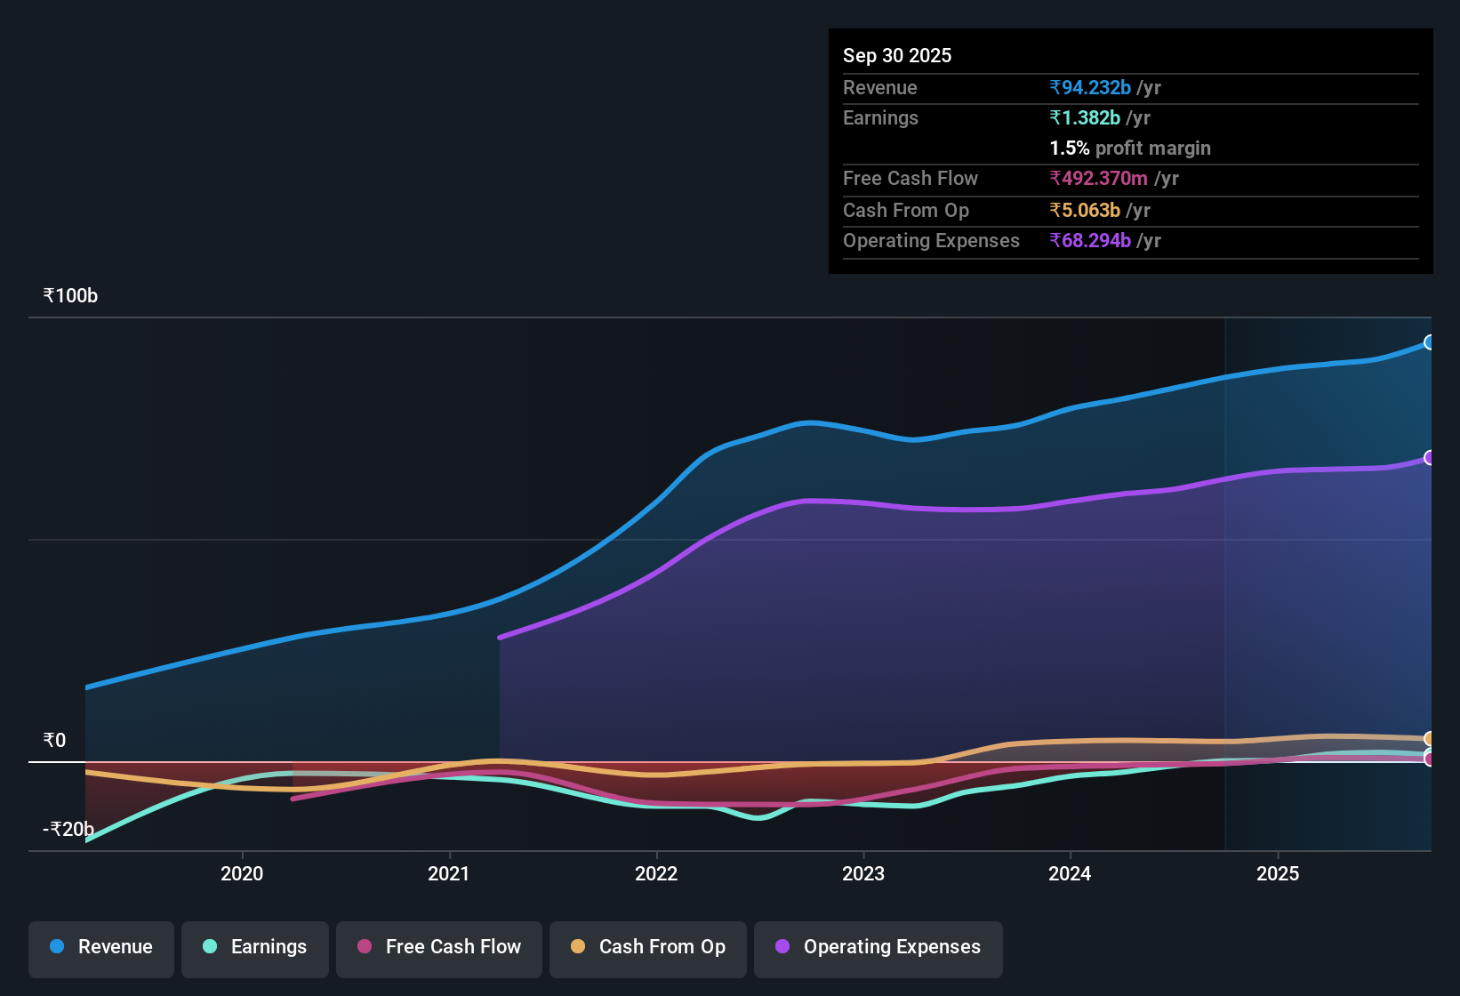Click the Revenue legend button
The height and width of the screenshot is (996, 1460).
point(101,947)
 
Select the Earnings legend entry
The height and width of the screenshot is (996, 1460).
point(255,947)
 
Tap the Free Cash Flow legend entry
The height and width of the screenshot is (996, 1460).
point(439,947)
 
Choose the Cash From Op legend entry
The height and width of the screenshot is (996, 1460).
point(648,947)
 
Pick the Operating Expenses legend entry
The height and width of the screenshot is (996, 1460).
point(878,947)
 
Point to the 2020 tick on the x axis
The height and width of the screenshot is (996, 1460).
point(242,873)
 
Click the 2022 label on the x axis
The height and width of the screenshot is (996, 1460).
point(656,873)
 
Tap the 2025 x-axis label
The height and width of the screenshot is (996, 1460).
point(1278,873)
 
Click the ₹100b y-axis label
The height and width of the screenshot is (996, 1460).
point(71,296)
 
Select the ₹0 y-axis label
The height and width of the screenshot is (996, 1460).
point(55,741)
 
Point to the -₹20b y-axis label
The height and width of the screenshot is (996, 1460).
point(68,830)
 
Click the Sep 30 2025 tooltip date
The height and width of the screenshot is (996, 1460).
point(897,56)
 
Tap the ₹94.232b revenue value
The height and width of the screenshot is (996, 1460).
point(1090,88)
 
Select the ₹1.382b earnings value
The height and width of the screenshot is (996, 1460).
point(1085,118)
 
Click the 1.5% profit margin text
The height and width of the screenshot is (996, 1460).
point(1130,149)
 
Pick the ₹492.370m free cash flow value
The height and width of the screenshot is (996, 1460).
point(1098,179)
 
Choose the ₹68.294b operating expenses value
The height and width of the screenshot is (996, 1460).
point(1090,241)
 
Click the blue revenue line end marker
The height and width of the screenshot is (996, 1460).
point(1429,342)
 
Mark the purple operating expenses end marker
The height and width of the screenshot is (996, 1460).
point(1429,458)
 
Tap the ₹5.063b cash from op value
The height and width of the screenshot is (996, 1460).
point(1085,211)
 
